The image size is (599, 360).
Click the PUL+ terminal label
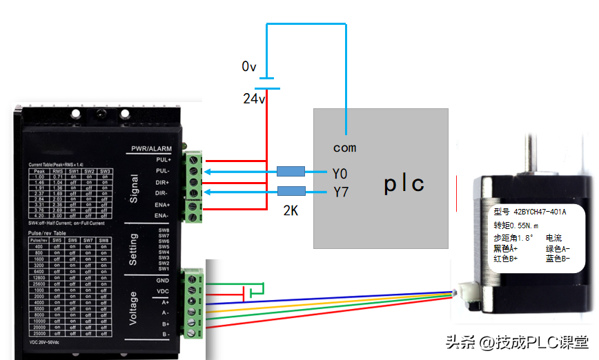coord(164,159)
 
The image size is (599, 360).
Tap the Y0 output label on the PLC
coord(340,172)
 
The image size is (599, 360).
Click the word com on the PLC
coord(345,147)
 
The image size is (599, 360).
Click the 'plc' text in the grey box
coord(404,184)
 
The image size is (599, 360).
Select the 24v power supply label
coord(254,99)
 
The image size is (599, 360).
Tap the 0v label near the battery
coord(249,67)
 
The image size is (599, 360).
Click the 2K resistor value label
coord(291,211)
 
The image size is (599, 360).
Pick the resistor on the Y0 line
coord(291,172)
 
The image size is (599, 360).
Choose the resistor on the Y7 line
coord(291,191)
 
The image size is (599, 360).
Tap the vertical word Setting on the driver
coord(135,249)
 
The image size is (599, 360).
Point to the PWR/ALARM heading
coord(152,149)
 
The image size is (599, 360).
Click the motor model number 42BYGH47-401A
coord(540,212)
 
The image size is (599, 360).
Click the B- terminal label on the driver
coord(166,334)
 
